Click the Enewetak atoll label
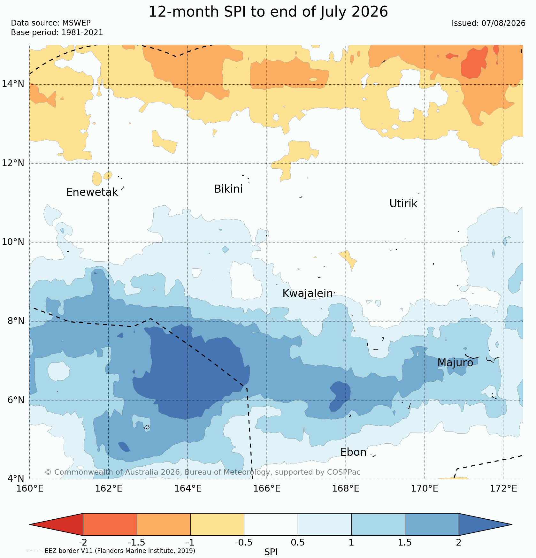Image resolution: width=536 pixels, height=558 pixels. pyautogui.click(x=92, y=192)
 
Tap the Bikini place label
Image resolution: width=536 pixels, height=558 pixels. pyautogui.click(x=228, y=189)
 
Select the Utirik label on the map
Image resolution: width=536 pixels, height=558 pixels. pyautogui.click(x=403, y=204)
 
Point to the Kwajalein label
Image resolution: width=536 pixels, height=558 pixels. pyautogui.click(x=308, y=294)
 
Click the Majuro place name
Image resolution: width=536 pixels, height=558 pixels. pyautogui.click(x=455, y=363)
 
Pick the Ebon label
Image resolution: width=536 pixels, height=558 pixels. pyautogui.click(x=353, y=452)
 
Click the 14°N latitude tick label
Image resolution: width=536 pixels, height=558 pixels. pyautogui.click(x=13, y=84)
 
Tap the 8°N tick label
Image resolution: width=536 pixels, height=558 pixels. pyautogui.click(x=16, y=321)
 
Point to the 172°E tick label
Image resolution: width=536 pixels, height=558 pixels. pyautogui.click(x=503, y=489)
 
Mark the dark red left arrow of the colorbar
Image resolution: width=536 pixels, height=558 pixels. pyautogui.click(x=56, y=524)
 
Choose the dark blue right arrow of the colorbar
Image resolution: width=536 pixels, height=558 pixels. pyautogui.click(x=485, y=524)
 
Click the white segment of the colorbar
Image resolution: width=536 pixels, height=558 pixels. pyautogui.click(x=271, y=524)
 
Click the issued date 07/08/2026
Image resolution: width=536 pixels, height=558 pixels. pyautogui.click(x=503, y=23)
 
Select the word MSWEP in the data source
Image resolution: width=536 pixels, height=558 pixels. pyautogui.click(x=76, y=23)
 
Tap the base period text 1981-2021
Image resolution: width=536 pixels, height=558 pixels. pyautogui.click(x=82, y=33)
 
